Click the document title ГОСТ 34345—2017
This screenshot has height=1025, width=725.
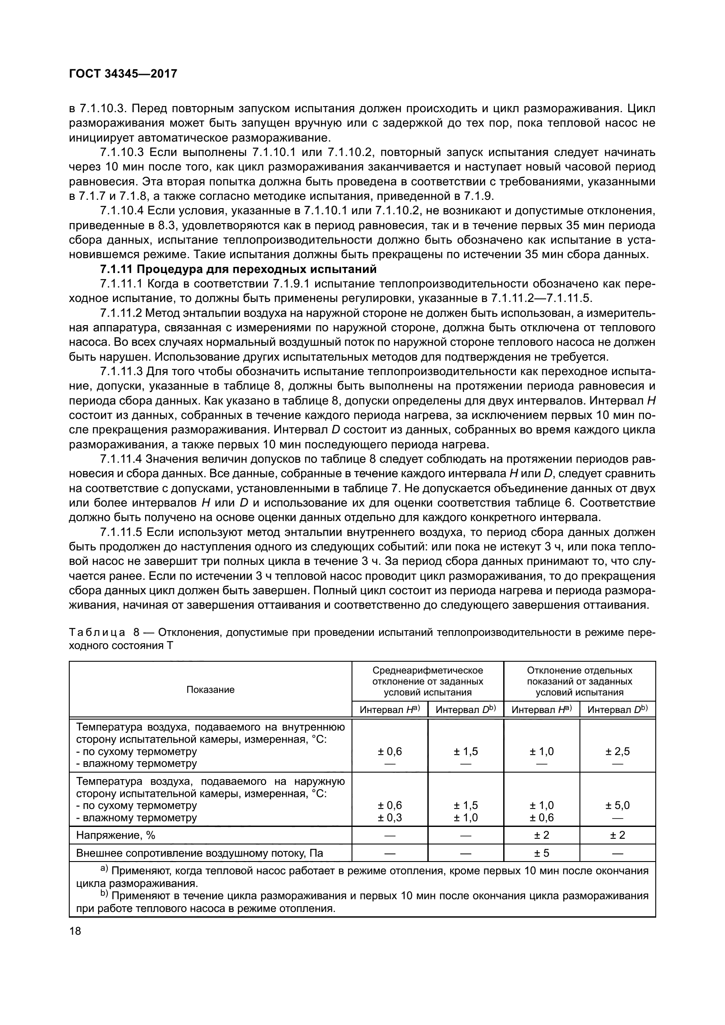(x=123, y=74)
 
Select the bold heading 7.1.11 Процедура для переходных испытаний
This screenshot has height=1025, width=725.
(x=238, y=269)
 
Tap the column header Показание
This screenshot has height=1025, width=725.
(x=210, y=690)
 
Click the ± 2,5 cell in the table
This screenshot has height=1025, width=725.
(x=618, y=752)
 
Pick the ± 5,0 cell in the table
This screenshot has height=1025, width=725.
(x=618, y=805)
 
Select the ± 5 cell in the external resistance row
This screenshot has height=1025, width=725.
(x=541, y=853)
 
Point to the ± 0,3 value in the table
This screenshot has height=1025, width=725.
(x=390, y=817)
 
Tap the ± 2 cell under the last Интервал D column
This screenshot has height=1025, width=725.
(x=618, y=835)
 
